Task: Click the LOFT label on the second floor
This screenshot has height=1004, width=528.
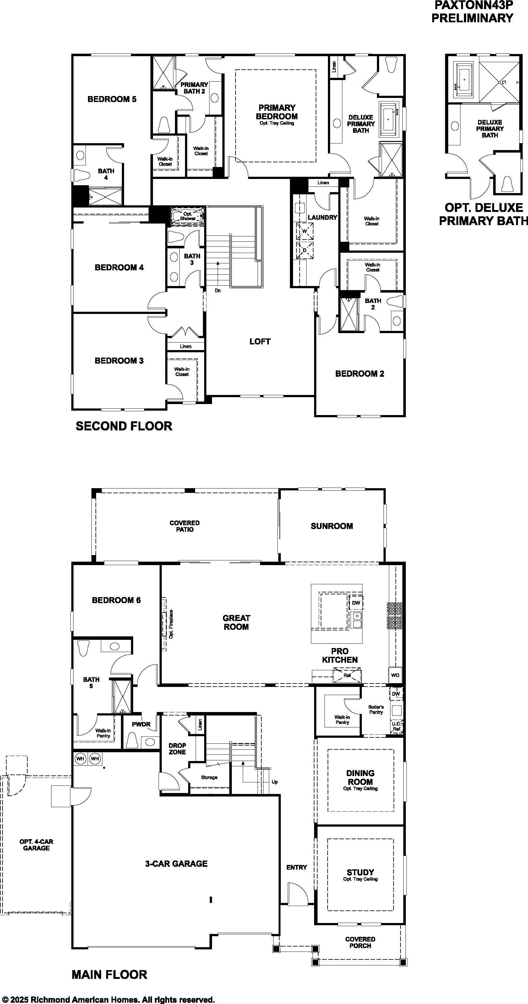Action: [260, 342]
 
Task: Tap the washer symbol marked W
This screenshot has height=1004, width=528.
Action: [305, 231]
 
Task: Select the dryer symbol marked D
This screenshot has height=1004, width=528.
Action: [305, 250]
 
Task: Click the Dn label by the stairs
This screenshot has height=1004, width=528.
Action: [218, 290]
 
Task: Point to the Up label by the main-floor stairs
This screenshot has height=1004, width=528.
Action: [275, 782]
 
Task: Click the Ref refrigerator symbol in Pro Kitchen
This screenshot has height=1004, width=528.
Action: [347, 675]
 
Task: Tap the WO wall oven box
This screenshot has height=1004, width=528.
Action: [395, 675]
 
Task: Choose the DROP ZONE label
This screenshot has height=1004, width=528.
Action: [177, 749]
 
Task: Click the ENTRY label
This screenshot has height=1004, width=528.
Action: [297, 867]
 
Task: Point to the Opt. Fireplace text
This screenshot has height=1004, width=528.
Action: [171, 623]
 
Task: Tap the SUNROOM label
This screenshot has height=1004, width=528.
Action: [332, 526]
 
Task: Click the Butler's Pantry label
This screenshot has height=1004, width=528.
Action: [376, 709]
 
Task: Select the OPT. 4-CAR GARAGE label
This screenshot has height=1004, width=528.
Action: [36, 845]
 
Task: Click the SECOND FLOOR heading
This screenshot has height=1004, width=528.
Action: [124, 426]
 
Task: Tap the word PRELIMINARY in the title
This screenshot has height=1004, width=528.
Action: [472, 18]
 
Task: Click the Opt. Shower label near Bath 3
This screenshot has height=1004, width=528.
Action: [188, 216]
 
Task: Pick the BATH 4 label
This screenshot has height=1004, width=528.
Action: [106, 174]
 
